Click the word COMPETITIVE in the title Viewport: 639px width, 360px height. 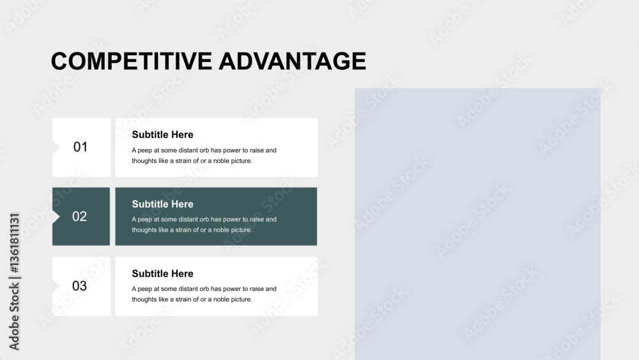131,61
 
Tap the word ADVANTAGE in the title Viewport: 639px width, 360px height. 292,61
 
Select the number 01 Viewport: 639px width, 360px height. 81,147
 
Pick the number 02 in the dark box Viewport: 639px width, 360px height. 79,216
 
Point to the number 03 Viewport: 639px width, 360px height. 79,286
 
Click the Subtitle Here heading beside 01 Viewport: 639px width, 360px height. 162,134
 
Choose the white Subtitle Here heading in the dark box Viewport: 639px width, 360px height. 162,204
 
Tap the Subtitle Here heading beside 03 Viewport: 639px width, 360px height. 162,274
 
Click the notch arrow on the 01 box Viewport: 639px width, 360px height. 56,147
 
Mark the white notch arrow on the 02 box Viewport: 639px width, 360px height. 56,216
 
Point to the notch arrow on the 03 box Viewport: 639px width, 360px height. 56,286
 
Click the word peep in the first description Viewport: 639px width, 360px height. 144,150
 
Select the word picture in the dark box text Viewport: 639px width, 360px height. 242,230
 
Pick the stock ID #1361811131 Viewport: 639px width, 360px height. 14,243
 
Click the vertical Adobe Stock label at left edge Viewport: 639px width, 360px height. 14,316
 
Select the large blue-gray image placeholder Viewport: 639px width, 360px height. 477,224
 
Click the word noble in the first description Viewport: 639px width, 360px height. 221,160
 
